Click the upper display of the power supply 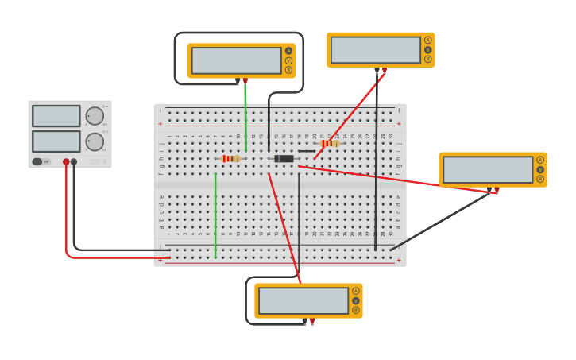click(x=56, y=116)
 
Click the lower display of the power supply click(x=56, y=141)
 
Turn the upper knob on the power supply click(x=95, y=116)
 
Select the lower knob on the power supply click(x=95, y=141)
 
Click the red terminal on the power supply click(x=66, y=161)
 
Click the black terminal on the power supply click(x=74, y=161)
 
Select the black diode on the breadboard click(x=284, y=158)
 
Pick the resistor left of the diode click(x=230, y=158)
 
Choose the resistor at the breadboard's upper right click(x=330, y=144)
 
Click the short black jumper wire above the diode click(x=307, y=151)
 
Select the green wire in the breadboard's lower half click(x=215, y=215)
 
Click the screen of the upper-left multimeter click(x=236, y=60)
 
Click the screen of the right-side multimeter click(x=488, y=169)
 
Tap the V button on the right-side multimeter click(x=540, y=169)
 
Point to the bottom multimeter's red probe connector click(x=312, y=321)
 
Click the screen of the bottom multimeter click(x=303, y=300)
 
